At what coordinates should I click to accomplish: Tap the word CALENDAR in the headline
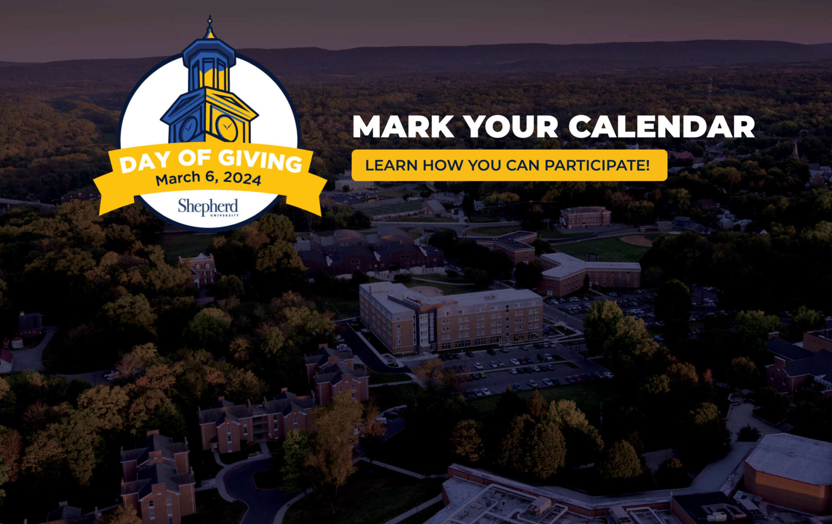[x=662, y=127]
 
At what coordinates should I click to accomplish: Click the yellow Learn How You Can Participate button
[x=509, y=165]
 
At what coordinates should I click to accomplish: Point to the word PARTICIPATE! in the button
[x=597, y=165]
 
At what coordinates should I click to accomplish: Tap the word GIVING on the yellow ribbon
[x=260, y=160]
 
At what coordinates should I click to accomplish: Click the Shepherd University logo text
[x=208, y=207]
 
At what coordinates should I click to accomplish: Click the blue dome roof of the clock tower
[x=209, y=52]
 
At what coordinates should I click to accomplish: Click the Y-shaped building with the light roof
[x=589, y=273]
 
